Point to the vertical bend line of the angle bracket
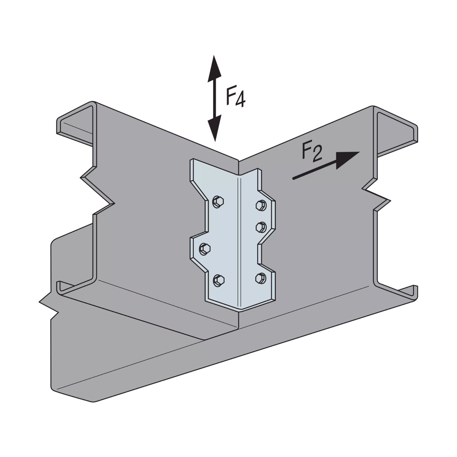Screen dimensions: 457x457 pyautogui.click(x=238, y=243)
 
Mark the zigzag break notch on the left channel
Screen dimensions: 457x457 pyautogui.click(x=97, y=194)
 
